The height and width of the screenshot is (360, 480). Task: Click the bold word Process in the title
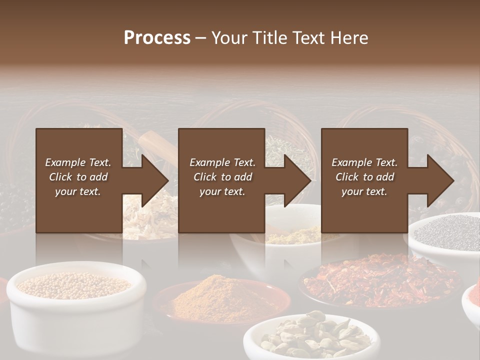pos(157,38)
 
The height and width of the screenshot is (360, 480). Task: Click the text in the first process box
pos(78,177)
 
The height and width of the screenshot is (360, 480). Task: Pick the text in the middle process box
pos(222,177)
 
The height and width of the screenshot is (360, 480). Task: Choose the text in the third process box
pos(364,177)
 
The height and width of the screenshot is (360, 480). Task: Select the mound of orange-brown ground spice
pos(220,295)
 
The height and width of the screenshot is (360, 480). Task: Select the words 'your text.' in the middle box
pos(222,191)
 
